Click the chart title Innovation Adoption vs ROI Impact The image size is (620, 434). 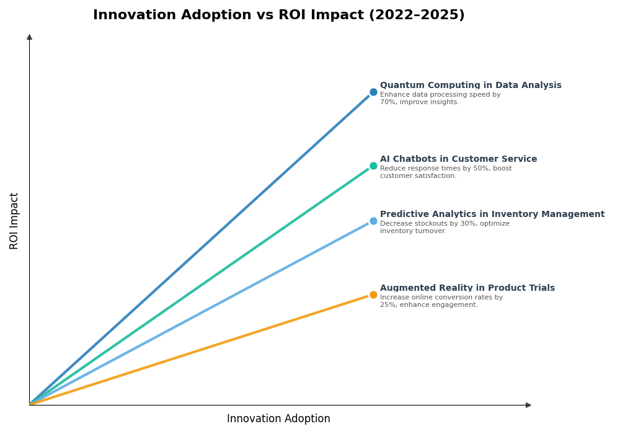pos(278,15)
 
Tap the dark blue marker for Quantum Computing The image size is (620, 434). pos(373,92)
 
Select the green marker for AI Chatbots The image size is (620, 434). pos(373,166)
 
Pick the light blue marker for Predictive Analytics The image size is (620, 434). pos(373,221)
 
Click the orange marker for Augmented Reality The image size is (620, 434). pos(373,295)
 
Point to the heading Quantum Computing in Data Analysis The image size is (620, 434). pos(471,86)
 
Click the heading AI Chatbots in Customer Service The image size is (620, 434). pos(458,159)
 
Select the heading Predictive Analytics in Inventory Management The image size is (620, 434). pos(492,215)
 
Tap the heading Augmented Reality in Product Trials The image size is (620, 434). pos(467,288)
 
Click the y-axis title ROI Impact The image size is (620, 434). pos(14,221)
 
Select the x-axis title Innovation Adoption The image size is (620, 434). pos(278,419)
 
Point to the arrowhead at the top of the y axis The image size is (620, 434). pos(29,37)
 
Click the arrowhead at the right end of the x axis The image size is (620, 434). pos(528,405)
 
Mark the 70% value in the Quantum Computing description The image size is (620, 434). pos(388,102)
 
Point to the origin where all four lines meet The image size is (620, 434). pos(30,405)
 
